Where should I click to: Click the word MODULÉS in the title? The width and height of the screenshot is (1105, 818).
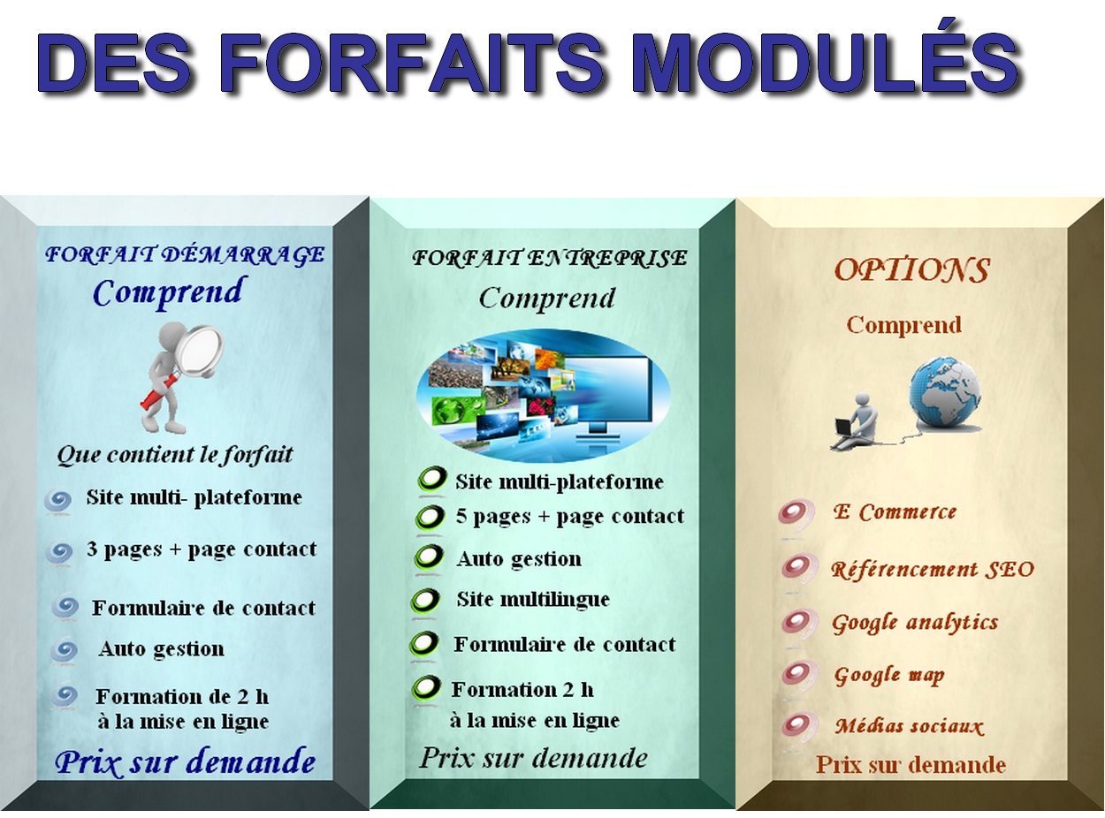pyautogui.click(x=827, y=64)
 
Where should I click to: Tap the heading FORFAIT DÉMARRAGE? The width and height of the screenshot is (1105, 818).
pyautogui.click(x=185, y=255)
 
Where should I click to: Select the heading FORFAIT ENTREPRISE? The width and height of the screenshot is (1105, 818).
pyautogui.click(x=549, y=258)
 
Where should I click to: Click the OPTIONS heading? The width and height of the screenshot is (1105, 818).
pyautogui.click(x=911, y=270)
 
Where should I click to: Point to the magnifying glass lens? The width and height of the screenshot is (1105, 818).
pyautogui.click(x=199, y=349)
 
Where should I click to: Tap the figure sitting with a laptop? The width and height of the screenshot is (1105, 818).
pyautogui.click(x=855, y=421)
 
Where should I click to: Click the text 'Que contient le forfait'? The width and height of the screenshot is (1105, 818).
pyautogui.click(x=174, y=455)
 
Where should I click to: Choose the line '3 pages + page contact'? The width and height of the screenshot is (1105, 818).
pyautogui.click(x=201, y=549)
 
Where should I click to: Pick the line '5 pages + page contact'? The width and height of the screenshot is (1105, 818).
pyautogui.click(x=569, y=517)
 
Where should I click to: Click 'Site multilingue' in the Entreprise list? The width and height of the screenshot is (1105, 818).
pyautogui.click(x=533, y=599)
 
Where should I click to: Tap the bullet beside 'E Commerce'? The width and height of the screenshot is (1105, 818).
pyautogui.click(x=796, y=513)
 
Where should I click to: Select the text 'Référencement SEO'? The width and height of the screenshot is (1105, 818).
pyautogui.click(x=932, y=570)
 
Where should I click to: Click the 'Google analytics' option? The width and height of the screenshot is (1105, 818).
pyautogui.click(x=915, y=623)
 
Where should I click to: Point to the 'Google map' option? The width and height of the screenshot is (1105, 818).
pyautogui.click(x=889, y=676)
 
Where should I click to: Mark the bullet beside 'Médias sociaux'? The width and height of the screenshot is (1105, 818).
pyautogui.click(x=798, y=726)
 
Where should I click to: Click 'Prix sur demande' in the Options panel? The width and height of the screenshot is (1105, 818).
pyautogui.click(x=911, y=764)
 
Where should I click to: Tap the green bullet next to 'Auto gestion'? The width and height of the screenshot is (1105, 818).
pyautogui.click(x=429, y=557)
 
